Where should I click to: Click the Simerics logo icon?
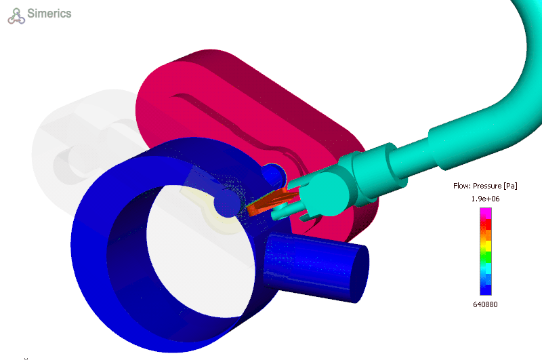click(x=16, y=16)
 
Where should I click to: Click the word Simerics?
click(x=49, y=14)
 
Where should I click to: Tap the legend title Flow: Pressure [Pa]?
click(x=485, y=186)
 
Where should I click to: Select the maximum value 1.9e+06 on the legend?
click(x=485, y=199)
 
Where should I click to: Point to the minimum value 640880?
click(x=485, y=304)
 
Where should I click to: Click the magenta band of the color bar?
click(x=486, y=212)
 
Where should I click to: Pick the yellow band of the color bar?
click(x=486, y=245)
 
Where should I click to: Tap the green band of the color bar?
click(x=486, y=256)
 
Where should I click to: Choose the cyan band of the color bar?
click(x=486, y=268)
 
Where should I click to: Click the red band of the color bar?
click(x=486, y=224)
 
